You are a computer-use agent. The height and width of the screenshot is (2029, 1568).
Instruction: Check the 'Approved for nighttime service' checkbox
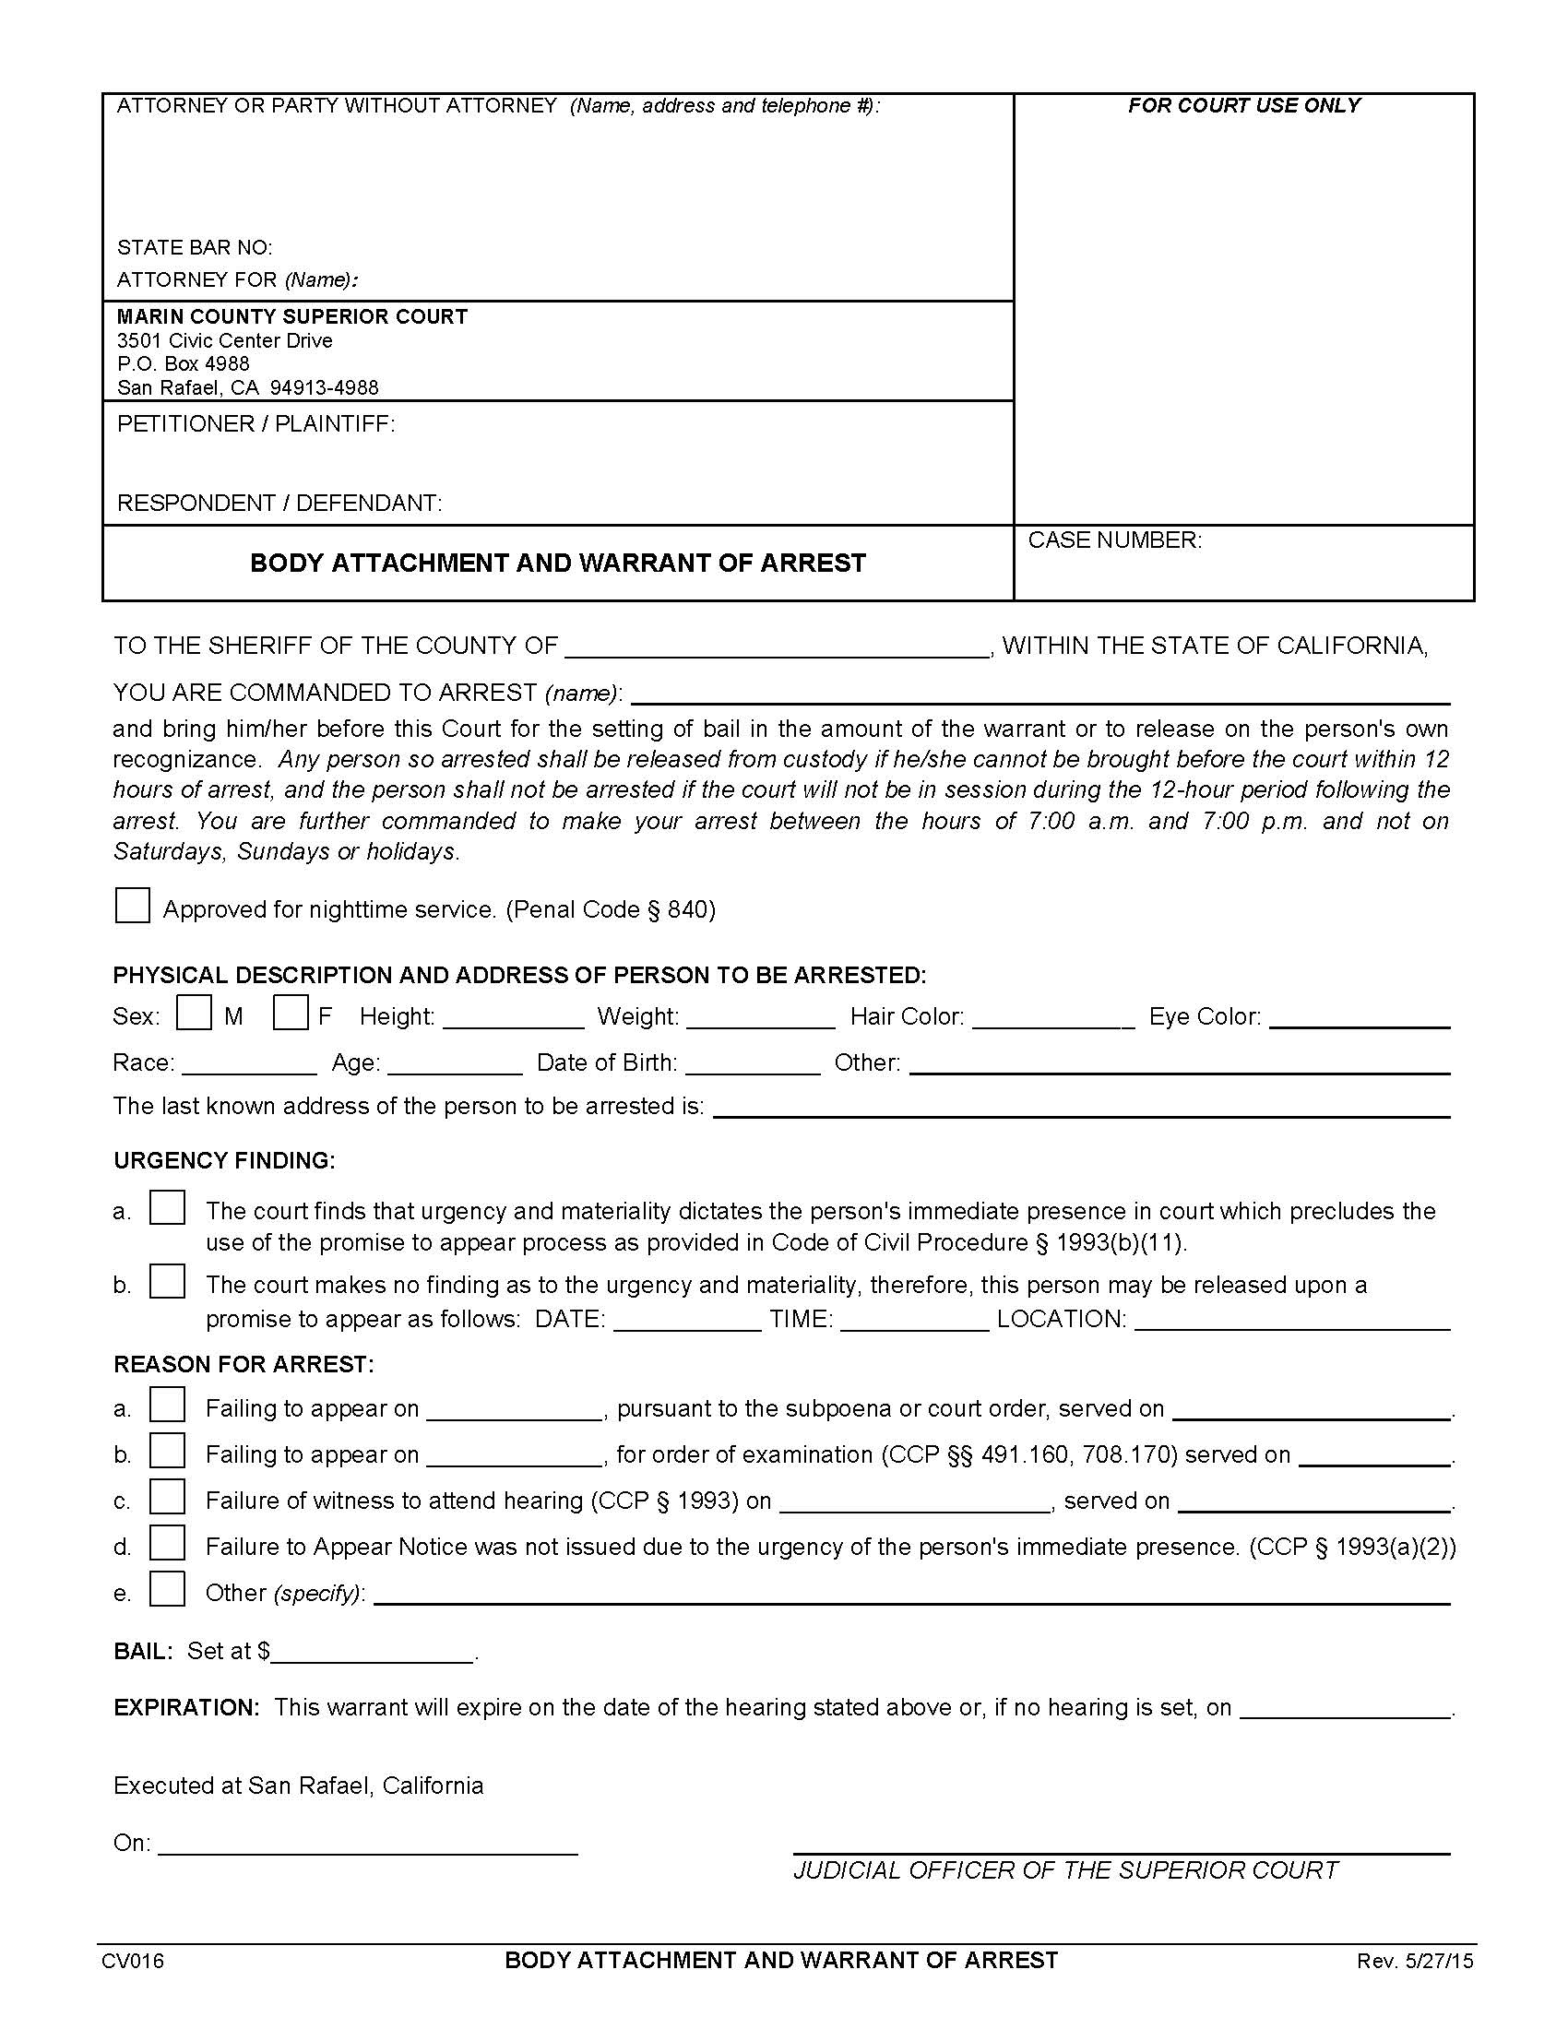[132, 906]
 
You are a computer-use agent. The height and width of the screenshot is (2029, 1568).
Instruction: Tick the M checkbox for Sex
[194, 1013]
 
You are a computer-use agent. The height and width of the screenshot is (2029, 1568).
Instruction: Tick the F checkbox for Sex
[290, 1013]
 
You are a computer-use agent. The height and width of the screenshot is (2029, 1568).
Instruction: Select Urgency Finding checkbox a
[167, 1208]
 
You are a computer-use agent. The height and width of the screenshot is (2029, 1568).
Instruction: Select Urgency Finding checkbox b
[167, 1282]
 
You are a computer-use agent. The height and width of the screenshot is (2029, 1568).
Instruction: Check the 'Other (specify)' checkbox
[167, 1590]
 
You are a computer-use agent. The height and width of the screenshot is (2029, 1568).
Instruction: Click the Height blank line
[514, 1019]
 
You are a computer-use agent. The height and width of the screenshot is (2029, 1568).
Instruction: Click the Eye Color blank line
[1359, 1019]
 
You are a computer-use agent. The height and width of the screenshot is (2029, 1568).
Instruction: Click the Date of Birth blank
[753, 1065]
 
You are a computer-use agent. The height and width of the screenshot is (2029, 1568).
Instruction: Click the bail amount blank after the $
[373, 1653]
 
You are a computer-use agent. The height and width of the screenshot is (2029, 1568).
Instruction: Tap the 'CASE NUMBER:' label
[1115, 540]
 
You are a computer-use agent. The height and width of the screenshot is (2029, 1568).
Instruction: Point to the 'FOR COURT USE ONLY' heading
[1244, 106]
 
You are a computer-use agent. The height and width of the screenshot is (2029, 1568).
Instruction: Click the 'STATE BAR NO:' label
[194, 247]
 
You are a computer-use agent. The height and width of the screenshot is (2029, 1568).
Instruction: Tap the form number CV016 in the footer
[133, 1961]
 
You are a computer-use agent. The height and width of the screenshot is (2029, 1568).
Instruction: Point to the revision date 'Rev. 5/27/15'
[1415, 1961]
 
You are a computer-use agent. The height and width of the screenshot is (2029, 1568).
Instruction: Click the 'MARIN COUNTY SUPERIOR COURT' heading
[291, 316]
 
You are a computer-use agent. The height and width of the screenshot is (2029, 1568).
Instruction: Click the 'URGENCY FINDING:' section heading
[224, 1160]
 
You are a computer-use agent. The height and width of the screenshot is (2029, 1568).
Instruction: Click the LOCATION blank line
[1292, 1321]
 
